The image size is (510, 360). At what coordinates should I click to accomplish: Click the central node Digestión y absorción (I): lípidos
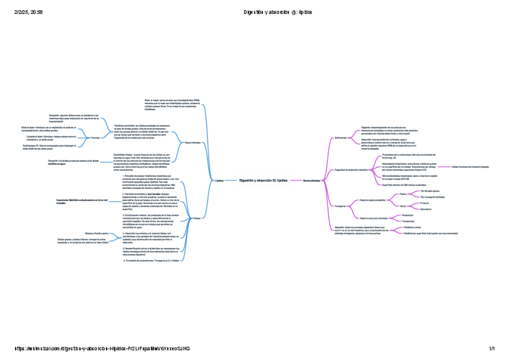263,180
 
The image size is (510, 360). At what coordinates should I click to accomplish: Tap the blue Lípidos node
219,180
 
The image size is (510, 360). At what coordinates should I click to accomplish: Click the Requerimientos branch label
192,142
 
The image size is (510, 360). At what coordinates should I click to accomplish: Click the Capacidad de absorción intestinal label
351,170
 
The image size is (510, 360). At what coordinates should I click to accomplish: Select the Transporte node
340,206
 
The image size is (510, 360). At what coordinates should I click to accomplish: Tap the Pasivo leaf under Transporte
403,194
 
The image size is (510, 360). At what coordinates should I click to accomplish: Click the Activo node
403,206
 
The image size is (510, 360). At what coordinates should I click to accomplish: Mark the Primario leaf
425,203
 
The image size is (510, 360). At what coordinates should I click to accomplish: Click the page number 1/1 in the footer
491,349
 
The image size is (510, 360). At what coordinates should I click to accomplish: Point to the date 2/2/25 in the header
14,12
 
